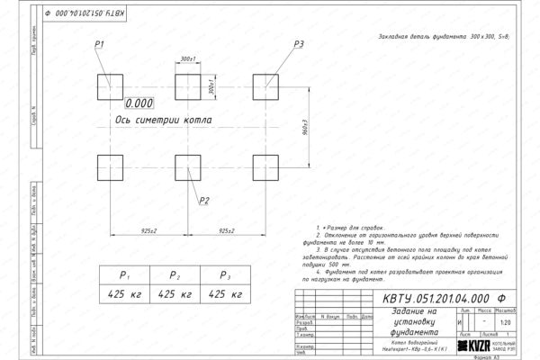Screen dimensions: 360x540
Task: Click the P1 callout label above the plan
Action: pos(100,45)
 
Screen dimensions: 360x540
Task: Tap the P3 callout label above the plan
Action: pos(300,45)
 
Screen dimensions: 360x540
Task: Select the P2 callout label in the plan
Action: pos(204,200)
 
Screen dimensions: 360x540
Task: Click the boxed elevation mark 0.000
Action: pos(140,103)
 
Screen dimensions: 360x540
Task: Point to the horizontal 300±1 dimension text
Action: pos(188,58)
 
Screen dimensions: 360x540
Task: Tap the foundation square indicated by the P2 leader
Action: pos(188,168)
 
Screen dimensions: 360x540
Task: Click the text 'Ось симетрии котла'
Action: pos(164,119)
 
